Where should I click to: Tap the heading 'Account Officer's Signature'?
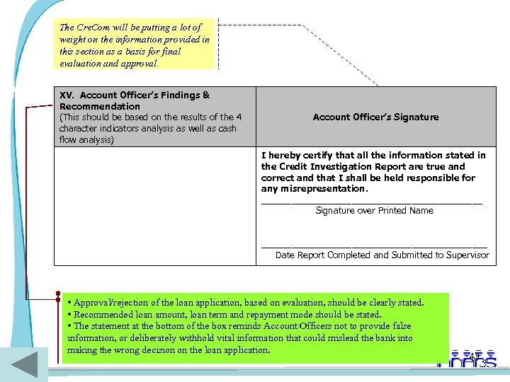[375, 117]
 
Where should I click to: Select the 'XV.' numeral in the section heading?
[67, 95]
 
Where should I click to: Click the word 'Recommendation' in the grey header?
[100, 106]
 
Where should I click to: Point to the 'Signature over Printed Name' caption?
[374, 210]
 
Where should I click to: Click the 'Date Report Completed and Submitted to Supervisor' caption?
[382, 255]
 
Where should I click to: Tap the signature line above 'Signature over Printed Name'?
[371, 203]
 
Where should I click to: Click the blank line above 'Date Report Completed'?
[374, 247]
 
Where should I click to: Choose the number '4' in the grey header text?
[239, 117]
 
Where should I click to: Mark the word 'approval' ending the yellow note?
[140, 63]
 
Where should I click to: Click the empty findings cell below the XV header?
[154, 205]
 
